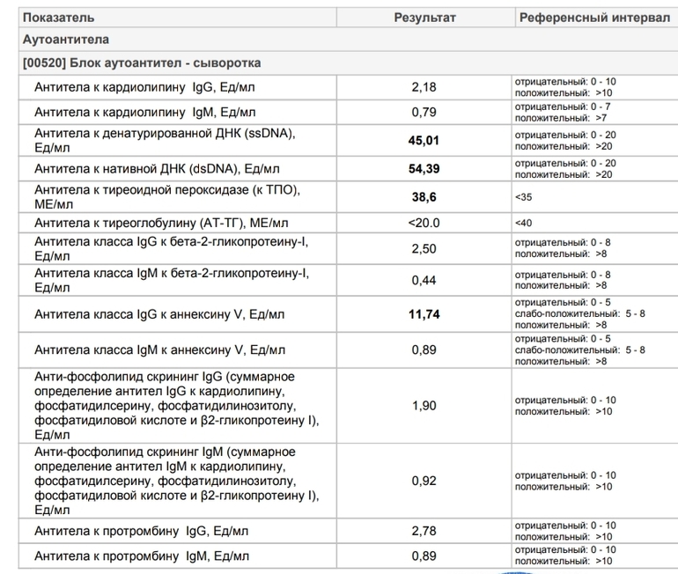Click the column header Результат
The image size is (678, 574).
tap(424, 18)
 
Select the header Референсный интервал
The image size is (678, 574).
tap(594, 18)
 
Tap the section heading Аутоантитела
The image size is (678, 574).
tap(66, 40)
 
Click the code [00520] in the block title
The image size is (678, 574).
tap(46, 63)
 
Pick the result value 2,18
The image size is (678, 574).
tap(424, 87)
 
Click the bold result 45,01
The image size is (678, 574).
tap(424, 140)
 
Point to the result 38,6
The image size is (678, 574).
tap(424, 197)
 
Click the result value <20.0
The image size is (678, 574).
tap(424, 224)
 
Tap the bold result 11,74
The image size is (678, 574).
tap(424, 313)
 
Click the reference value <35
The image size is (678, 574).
tap(524, 197)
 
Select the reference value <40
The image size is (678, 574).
tap(524, 224)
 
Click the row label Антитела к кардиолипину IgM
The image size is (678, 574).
tap(145, 112)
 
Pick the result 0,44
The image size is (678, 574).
tap(424, 280)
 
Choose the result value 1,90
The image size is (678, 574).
tap(424, 405)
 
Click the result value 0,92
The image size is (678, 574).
tap(424, 481)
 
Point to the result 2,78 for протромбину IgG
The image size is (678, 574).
tap(424, 531)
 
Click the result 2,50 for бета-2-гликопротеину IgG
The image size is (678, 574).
tap(424, 249)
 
